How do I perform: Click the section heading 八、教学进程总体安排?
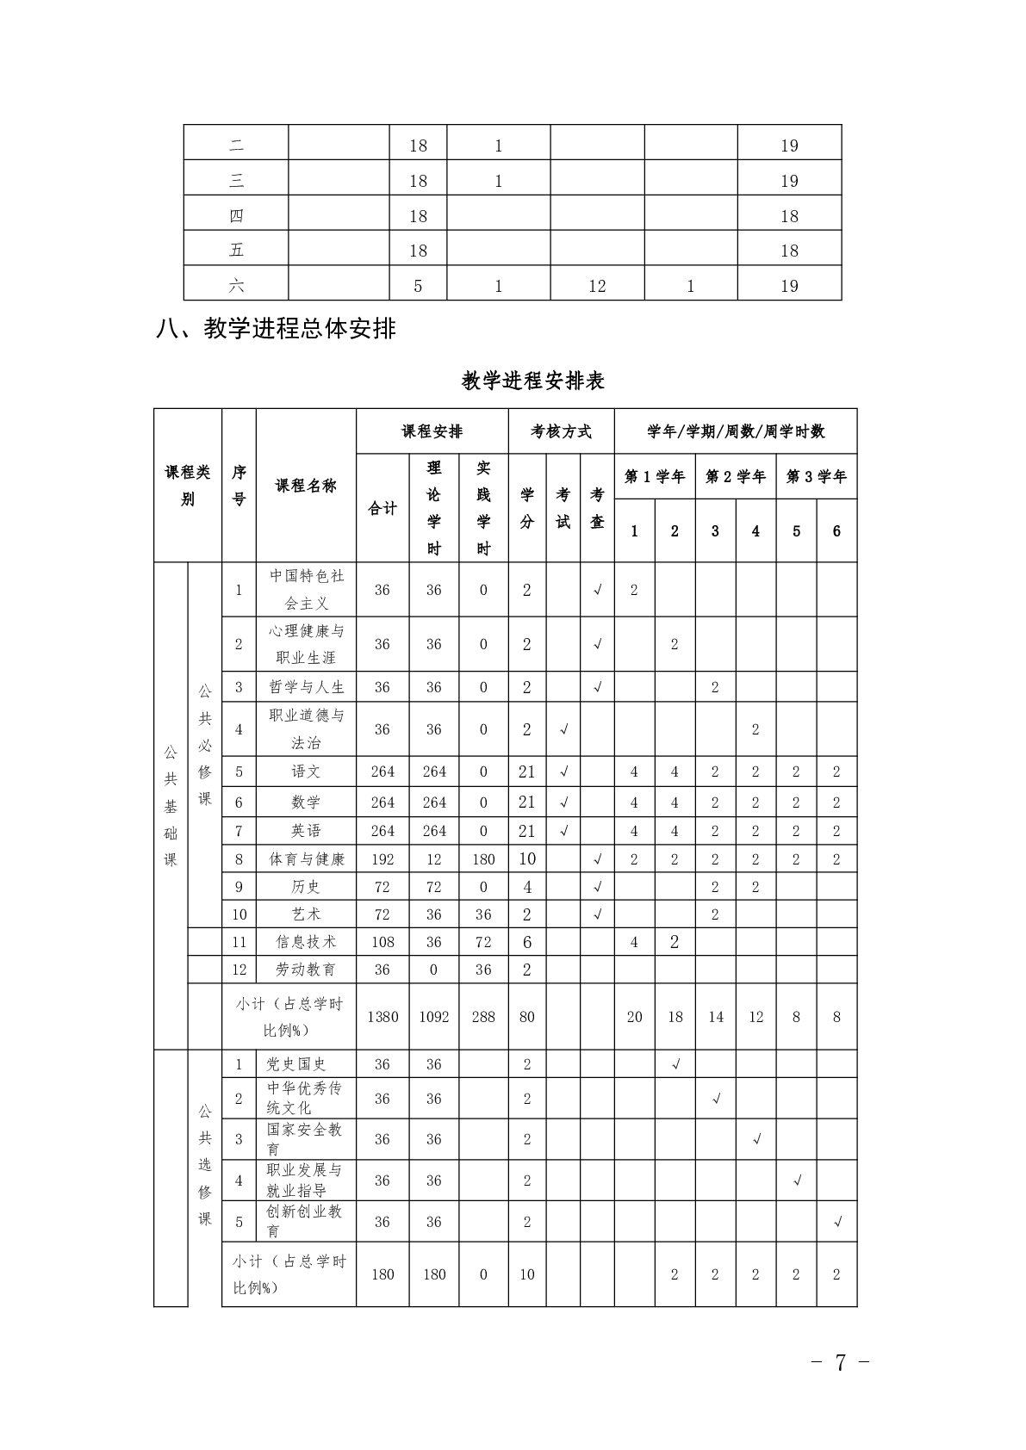pos(276,328)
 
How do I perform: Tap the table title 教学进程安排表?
pos(532,381)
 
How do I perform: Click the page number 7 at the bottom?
pos(840,1362)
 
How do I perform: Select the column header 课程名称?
pos(306,486)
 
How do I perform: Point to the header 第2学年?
pos(735,476)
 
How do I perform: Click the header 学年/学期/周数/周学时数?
pos(735,431)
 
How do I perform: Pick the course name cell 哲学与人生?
pos(306,687)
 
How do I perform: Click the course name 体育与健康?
pos(306,858)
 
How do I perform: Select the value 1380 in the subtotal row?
pos(382,1017)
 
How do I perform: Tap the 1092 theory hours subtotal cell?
pos(434,1017)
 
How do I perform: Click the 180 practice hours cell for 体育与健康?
pos(483,858)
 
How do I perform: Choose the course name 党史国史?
pos(296,1064)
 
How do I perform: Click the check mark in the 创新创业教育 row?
pos(837,1222)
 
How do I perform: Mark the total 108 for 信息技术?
pos(382,942)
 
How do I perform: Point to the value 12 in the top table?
pos(597,286)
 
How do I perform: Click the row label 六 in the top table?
pos(236,286)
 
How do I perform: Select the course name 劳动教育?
pos(306,970)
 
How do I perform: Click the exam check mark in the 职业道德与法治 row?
pos(563,729)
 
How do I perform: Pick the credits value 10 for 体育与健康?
pos(527,858)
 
